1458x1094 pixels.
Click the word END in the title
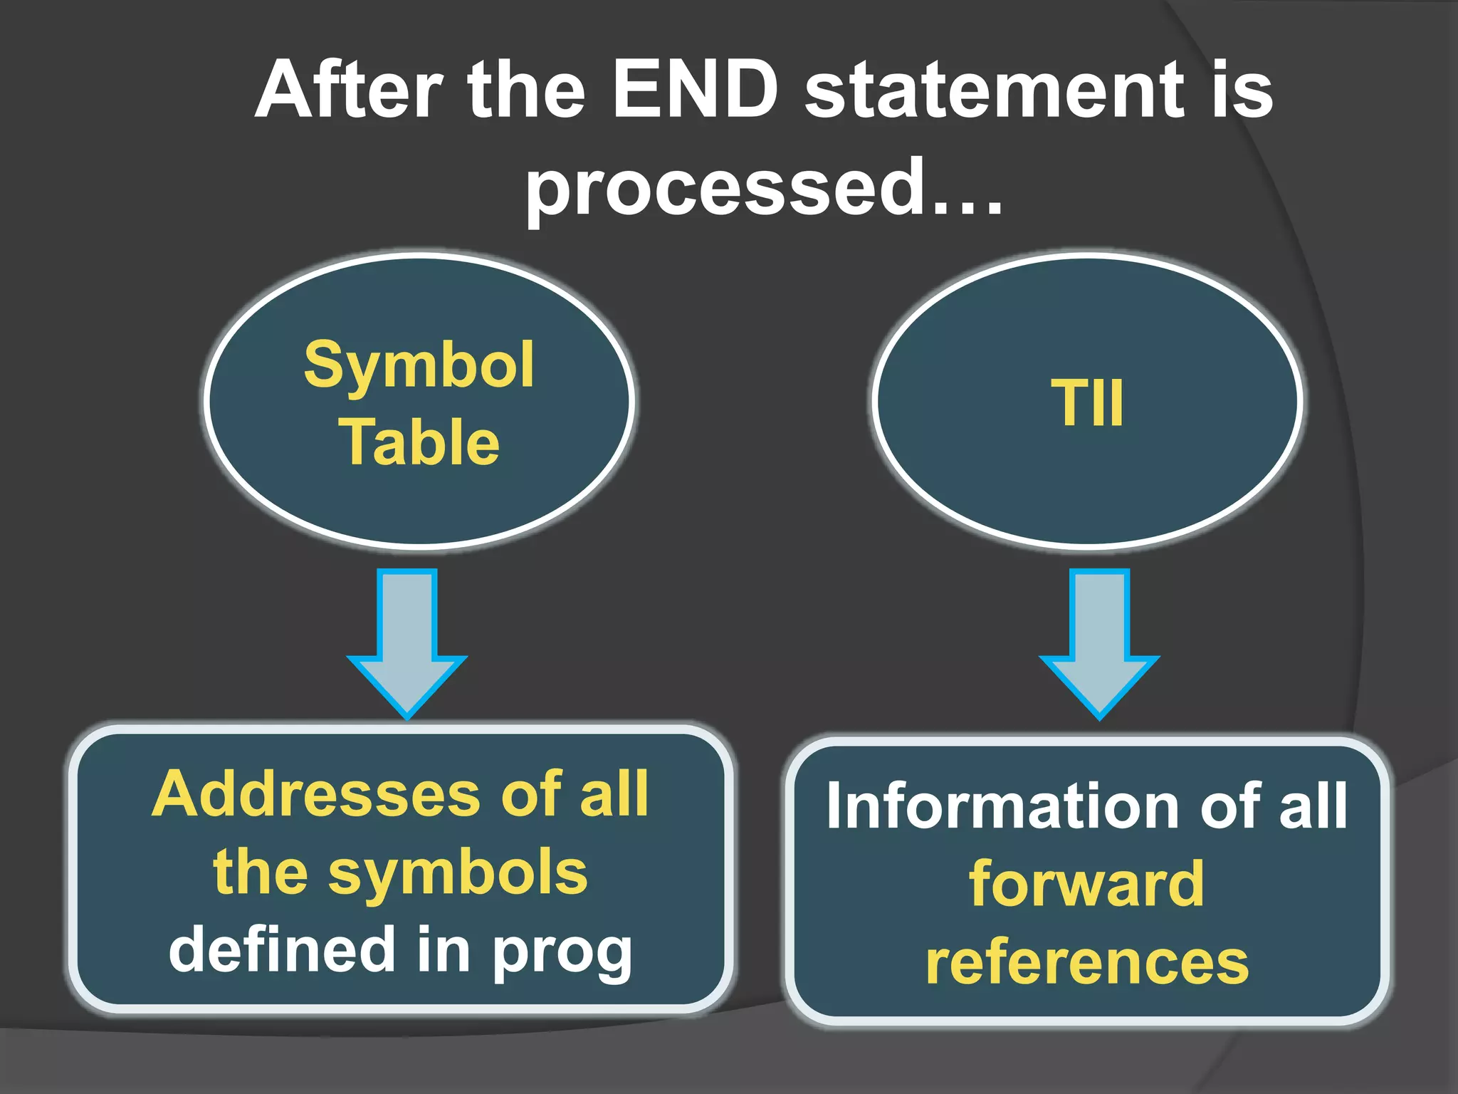coord(696,90)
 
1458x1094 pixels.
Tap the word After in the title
coord(349,90)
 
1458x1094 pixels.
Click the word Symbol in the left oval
coord(419,365)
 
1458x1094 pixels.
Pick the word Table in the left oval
coord(421,442)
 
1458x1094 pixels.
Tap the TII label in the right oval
coord(1087,403)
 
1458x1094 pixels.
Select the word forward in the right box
coord(1086,884)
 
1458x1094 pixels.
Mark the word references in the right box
coord(1087,962)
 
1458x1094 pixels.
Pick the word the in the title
coord(525,90)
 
